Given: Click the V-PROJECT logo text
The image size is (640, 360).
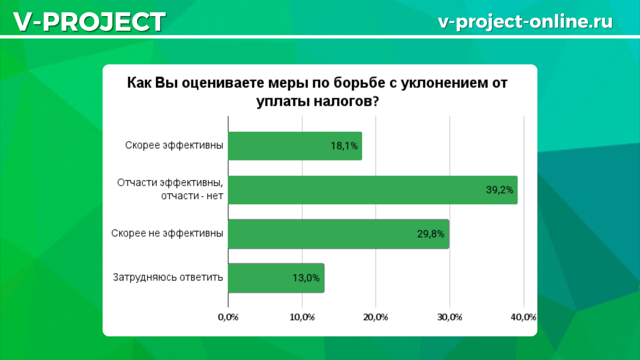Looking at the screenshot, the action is (x=90, y=22).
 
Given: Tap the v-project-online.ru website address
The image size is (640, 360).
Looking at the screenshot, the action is (x=525, y=22).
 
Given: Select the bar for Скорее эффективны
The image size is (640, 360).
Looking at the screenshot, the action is (x=295, y=146).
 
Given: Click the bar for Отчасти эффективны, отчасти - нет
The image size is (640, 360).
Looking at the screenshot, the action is (x=373, y=190).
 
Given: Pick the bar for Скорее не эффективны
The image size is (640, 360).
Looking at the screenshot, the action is (x=339, y=234).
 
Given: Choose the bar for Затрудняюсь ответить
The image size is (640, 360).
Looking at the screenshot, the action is (x=276, y=278).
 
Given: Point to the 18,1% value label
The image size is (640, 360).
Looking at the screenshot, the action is (x=344, y=146).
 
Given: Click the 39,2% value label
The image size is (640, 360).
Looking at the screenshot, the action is (x=500, y=190).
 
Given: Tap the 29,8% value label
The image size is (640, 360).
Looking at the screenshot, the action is (x=430, y=234).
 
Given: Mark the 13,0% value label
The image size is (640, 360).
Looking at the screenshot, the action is (x=306, y=278).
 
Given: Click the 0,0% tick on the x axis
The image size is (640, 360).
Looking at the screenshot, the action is (x=228, y=317).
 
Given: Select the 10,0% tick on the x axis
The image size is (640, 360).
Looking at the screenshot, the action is (x=302, y=317).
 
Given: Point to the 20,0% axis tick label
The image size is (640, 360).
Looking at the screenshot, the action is (x=375, y=317).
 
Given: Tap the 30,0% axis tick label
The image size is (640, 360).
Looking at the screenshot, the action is (x=450, y=317).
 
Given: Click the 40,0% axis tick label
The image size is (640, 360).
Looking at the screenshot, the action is (x=523, y=317).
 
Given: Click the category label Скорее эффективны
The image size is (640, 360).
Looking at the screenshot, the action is (x=174, y=146).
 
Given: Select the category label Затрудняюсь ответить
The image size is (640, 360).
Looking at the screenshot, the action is (x=168, y=277).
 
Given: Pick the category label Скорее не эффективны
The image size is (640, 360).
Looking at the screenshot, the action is (x=167, y=234).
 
